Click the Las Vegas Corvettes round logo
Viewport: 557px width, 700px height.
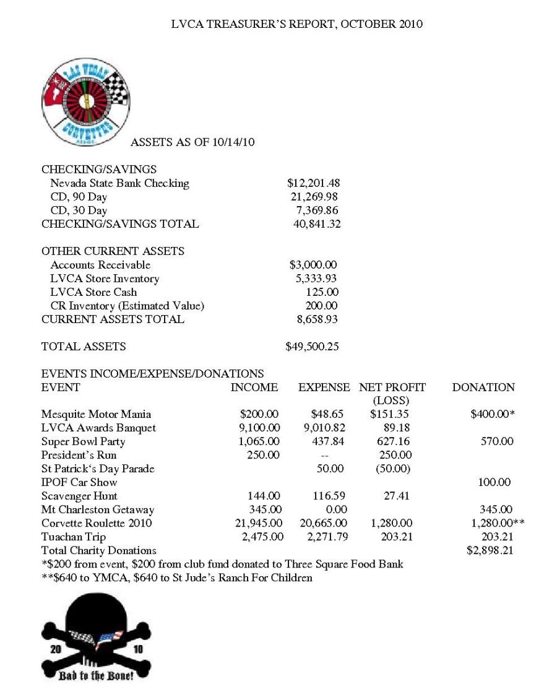click(x=86, y=103)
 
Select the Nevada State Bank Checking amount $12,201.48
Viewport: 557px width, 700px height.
click(x=313, y=183)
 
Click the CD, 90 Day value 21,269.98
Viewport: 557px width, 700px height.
click(x=314, y=197)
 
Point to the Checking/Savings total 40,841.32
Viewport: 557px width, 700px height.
click(x=316, y=224)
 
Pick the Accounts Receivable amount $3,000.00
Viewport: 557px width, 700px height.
click(x=313, y=265)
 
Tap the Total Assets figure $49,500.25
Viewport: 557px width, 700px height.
click(x=312, y=347)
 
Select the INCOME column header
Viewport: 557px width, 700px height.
click(x=254, y=387)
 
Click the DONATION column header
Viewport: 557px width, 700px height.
click(x=483, y=387)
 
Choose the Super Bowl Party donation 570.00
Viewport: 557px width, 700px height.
click(x=497, y=441)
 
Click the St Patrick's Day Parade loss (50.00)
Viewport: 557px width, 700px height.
click(x=393, y=469)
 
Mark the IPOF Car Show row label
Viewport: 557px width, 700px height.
click(x=79, y=482)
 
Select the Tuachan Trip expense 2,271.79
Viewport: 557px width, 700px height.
click(x=327, y=537)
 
